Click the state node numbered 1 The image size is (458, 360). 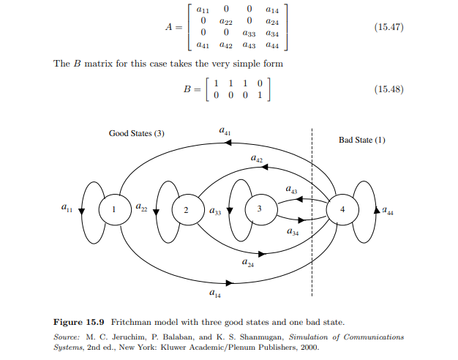[113, 209]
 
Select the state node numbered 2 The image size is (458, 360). [186, 210]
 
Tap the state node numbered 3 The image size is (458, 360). [259, 210]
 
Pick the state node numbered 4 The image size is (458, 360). [342, 209]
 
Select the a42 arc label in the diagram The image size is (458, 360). [257, 158]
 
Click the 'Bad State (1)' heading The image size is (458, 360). [361, 139]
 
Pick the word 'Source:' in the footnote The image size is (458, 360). [68, 337]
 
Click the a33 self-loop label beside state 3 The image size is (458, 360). [215, 212]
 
